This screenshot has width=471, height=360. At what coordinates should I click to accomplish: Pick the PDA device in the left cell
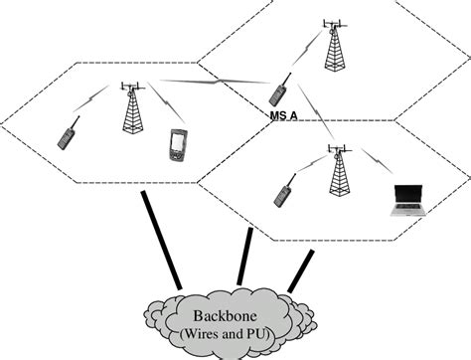(x=177, y=144)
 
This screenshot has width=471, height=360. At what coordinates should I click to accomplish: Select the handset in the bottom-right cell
(x=282, y=193)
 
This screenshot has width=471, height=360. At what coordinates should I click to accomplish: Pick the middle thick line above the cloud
(x=241, y=255)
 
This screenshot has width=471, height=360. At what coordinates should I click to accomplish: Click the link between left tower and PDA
(x=159, y=107)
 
